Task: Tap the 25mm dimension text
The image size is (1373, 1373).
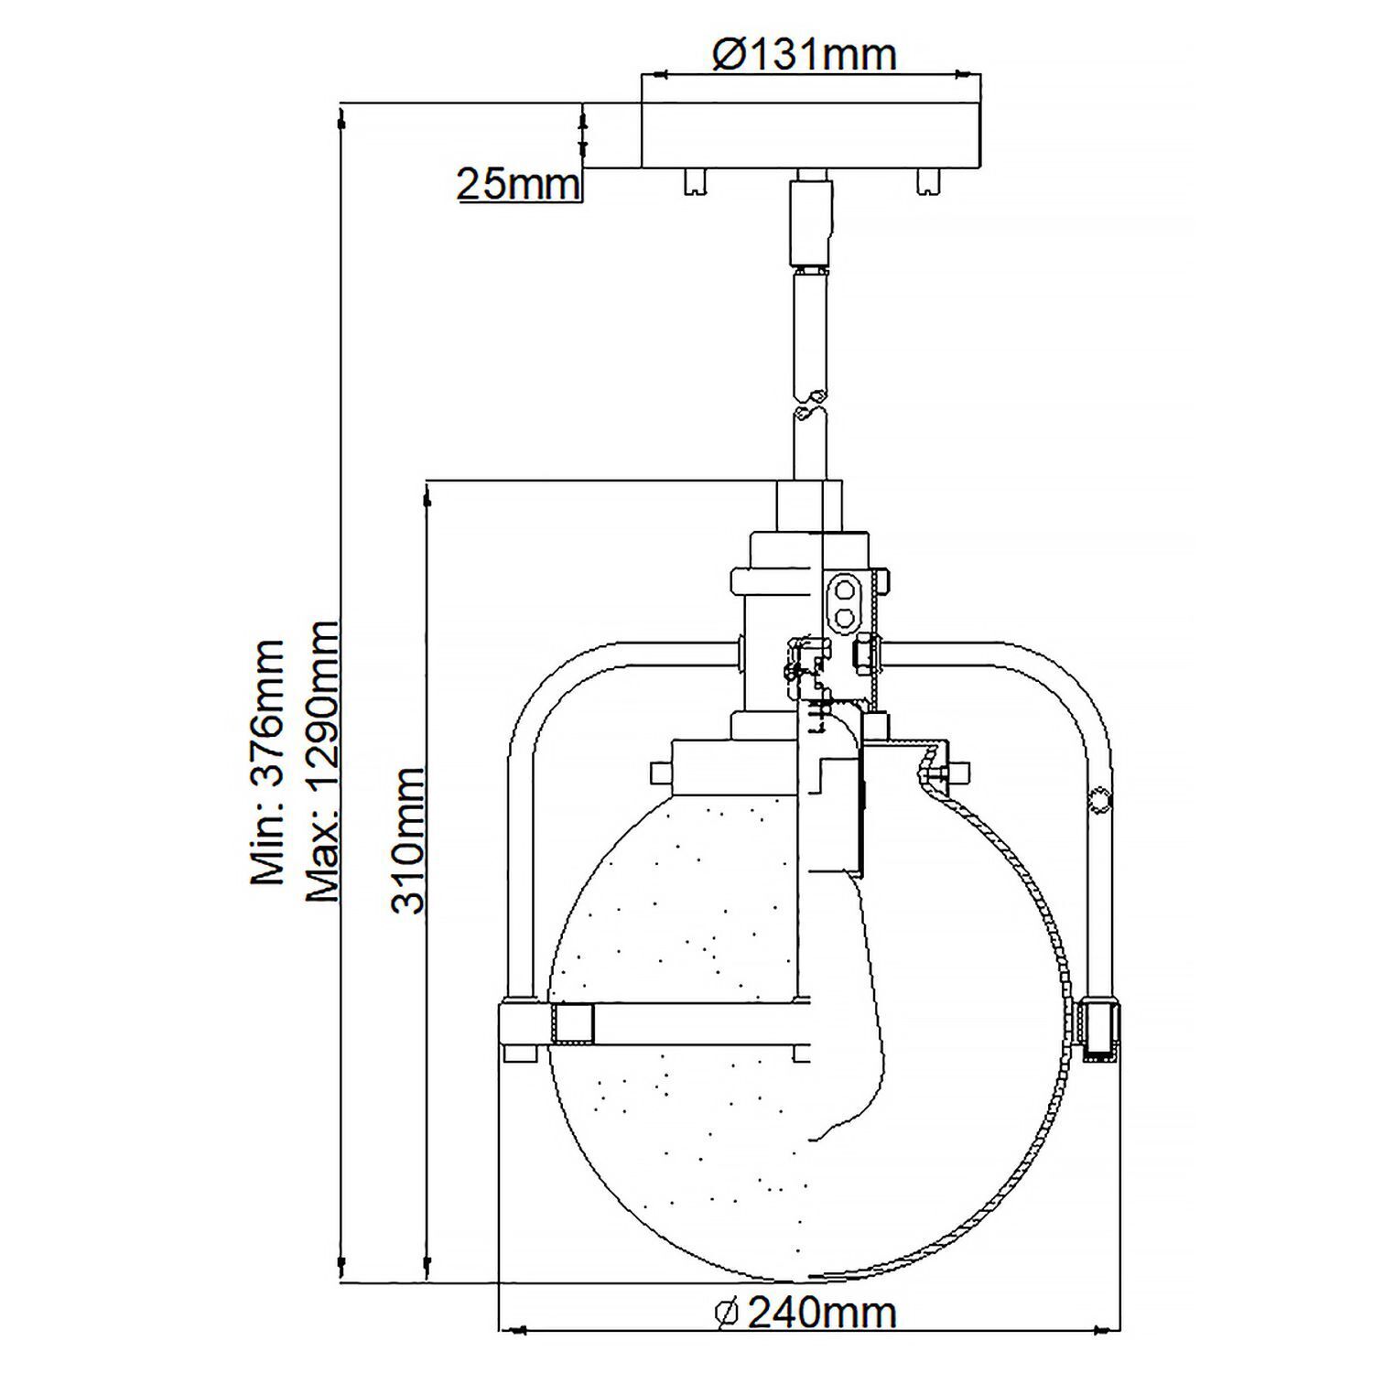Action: pos(518,184)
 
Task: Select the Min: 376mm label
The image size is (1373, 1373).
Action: pos(268,762)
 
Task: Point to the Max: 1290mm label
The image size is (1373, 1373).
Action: pos(322,762)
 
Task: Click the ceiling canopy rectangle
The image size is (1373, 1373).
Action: pos(811,135)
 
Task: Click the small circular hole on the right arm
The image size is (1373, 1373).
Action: pos(1097,800)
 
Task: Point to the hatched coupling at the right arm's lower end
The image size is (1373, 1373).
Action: pos(1097,1030)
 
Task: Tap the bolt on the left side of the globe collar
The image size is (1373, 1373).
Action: pos(661,773)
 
